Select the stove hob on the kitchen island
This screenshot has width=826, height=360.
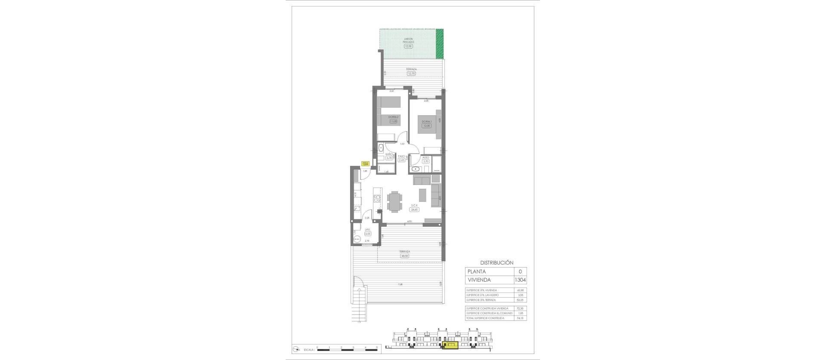(x=76, y=199)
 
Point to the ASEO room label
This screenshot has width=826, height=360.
(x=425, y=157)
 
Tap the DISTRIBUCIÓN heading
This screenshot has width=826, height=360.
(x=496, y=262)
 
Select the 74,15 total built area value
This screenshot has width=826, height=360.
(x=521, y=318)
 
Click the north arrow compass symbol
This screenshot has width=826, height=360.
(x=296, y=349)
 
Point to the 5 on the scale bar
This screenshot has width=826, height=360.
(x=376, y=347)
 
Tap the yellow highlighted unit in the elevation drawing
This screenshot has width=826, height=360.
(x=450, y=345)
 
